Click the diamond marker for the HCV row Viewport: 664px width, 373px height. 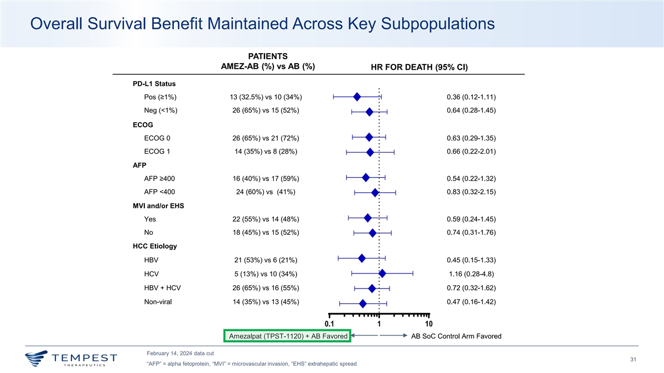coord(382,273)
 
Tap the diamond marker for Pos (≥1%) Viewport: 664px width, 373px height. coord(357,97)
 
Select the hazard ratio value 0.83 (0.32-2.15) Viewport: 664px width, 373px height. coord(470,192)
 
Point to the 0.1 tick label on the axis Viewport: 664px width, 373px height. coord(329,324)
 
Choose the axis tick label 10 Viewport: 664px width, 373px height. coord(429,324)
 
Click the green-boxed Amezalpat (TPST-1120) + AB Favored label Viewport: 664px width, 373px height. coord(288,336)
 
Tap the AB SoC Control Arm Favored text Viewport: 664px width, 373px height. coord(456,337)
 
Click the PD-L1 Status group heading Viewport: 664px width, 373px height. coord(154,84)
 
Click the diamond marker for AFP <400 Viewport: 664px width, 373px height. coord(375,192)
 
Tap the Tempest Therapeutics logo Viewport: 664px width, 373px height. coord(70,358)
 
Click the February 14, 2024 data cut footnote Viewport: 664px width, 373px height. coord(180,353)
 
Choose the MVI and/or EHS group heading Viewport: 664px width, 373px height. coord(158,206)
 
